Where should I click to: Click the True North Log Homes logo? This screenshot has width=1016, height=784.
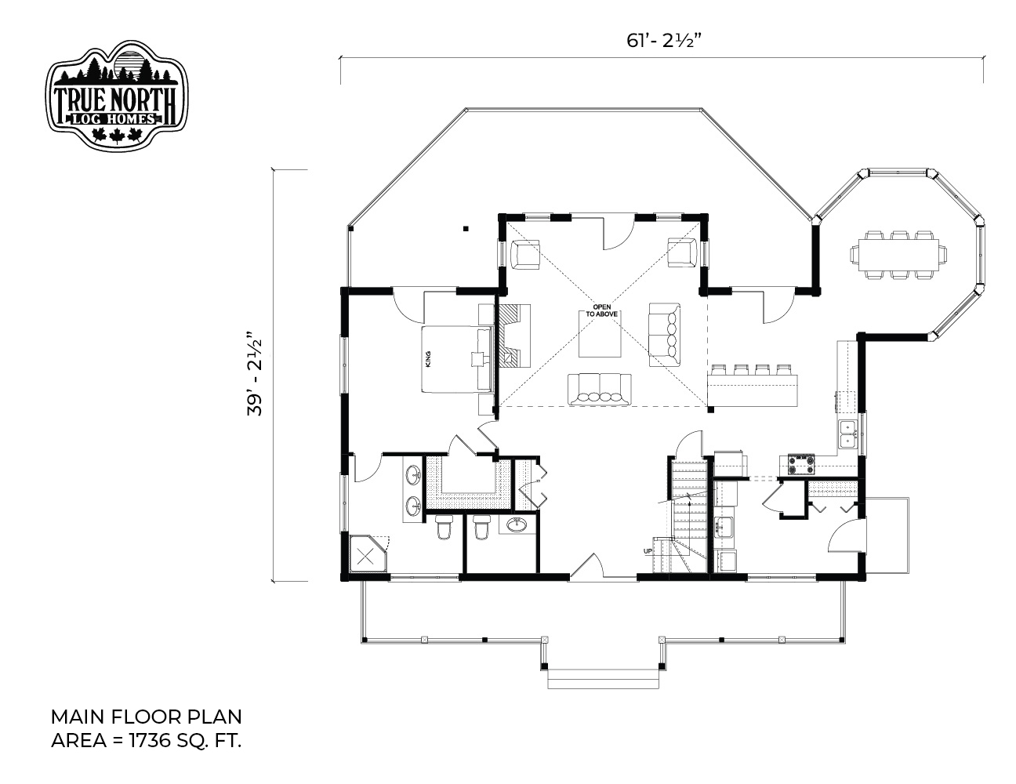117,96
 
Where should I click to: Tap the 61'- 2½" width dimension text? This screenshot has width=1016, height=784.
664,41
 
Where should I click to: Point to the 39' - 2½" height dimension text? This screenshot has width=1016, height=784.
255,374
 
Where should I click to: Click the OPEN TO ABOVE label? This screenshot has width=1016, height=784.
602,310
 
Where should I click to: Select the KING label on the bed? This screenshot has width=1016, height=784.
428,359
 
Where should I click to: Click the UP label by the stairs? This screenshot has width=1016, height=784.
648,551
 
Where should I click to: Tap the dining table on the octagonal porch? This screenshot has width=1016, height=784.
898,256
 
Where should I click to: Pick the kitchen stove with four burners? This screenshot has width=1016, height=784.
801,464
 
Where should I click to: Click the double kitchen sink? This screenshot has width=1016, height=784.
848,434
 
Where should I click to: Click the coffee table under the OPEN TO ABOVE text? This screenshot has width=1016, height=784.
601,334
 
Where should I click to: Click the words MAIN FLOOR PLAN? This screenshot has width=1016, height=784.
147,717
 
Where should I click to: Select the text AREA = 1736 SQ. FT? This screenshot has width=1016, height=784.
147,741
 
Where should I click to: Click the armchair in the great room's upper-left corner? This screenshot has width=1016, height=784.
525,254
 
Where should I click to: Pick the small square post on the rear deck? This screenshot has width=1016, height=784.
466,229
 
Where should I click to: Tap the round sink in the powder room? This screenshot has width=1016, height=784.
517,524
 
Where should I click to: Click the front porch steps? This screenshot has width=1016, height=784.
603,679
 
